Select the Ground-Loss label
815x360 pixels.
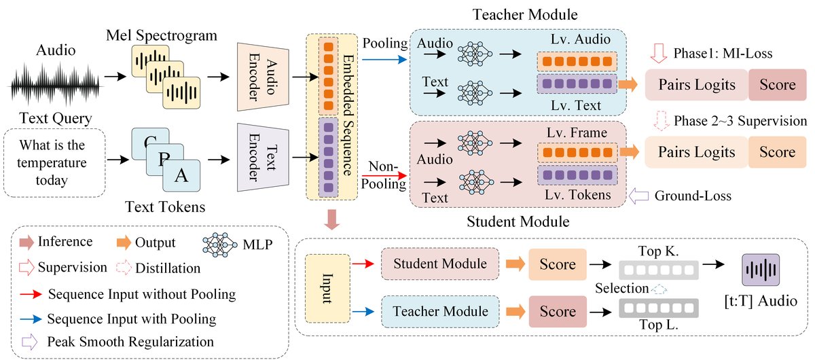pyautogui.click(x=693, y=196)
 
